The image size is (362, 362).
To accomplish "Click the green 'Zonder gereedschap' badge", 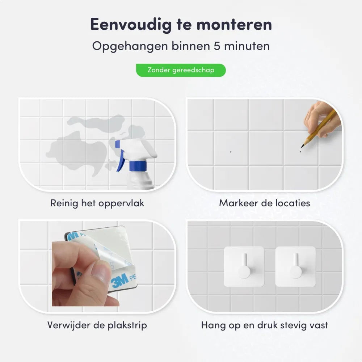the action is click(x=181, y=70).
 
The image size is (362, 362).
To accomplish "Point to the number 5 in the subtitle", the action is click(x=217, y=46).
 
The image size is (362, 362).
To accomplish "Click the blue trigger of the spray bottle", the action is click(x=120, y=155).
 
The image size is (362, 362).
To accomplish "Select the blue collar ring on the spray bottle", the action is click(x=138, y=166).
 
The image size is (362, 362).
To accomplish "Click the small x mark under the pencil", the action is click(x=300, y=152).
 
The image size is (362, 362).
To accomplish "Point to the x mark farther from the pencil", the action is click(x=231, y=152).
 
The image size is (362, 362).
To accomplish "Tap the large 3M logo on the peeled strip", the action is click(x=119, y=281).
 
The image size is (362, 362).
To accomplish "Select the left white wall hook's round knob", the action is click(x=244, y=272).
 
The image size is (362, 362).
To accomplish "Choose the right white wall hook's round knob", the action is click(x=296, y=272).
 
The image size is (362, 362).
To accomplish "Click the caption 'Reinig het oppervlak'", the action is click(x=97, y=203).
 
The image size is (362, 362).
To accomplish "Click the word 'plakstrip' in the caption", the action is click(x=127, y=325).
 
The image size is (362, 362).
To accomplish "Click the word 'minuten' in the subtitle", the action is click(x=247, y=46).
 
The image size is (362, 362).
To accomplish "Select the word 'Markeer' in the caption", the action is click(x=238, y=203).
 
